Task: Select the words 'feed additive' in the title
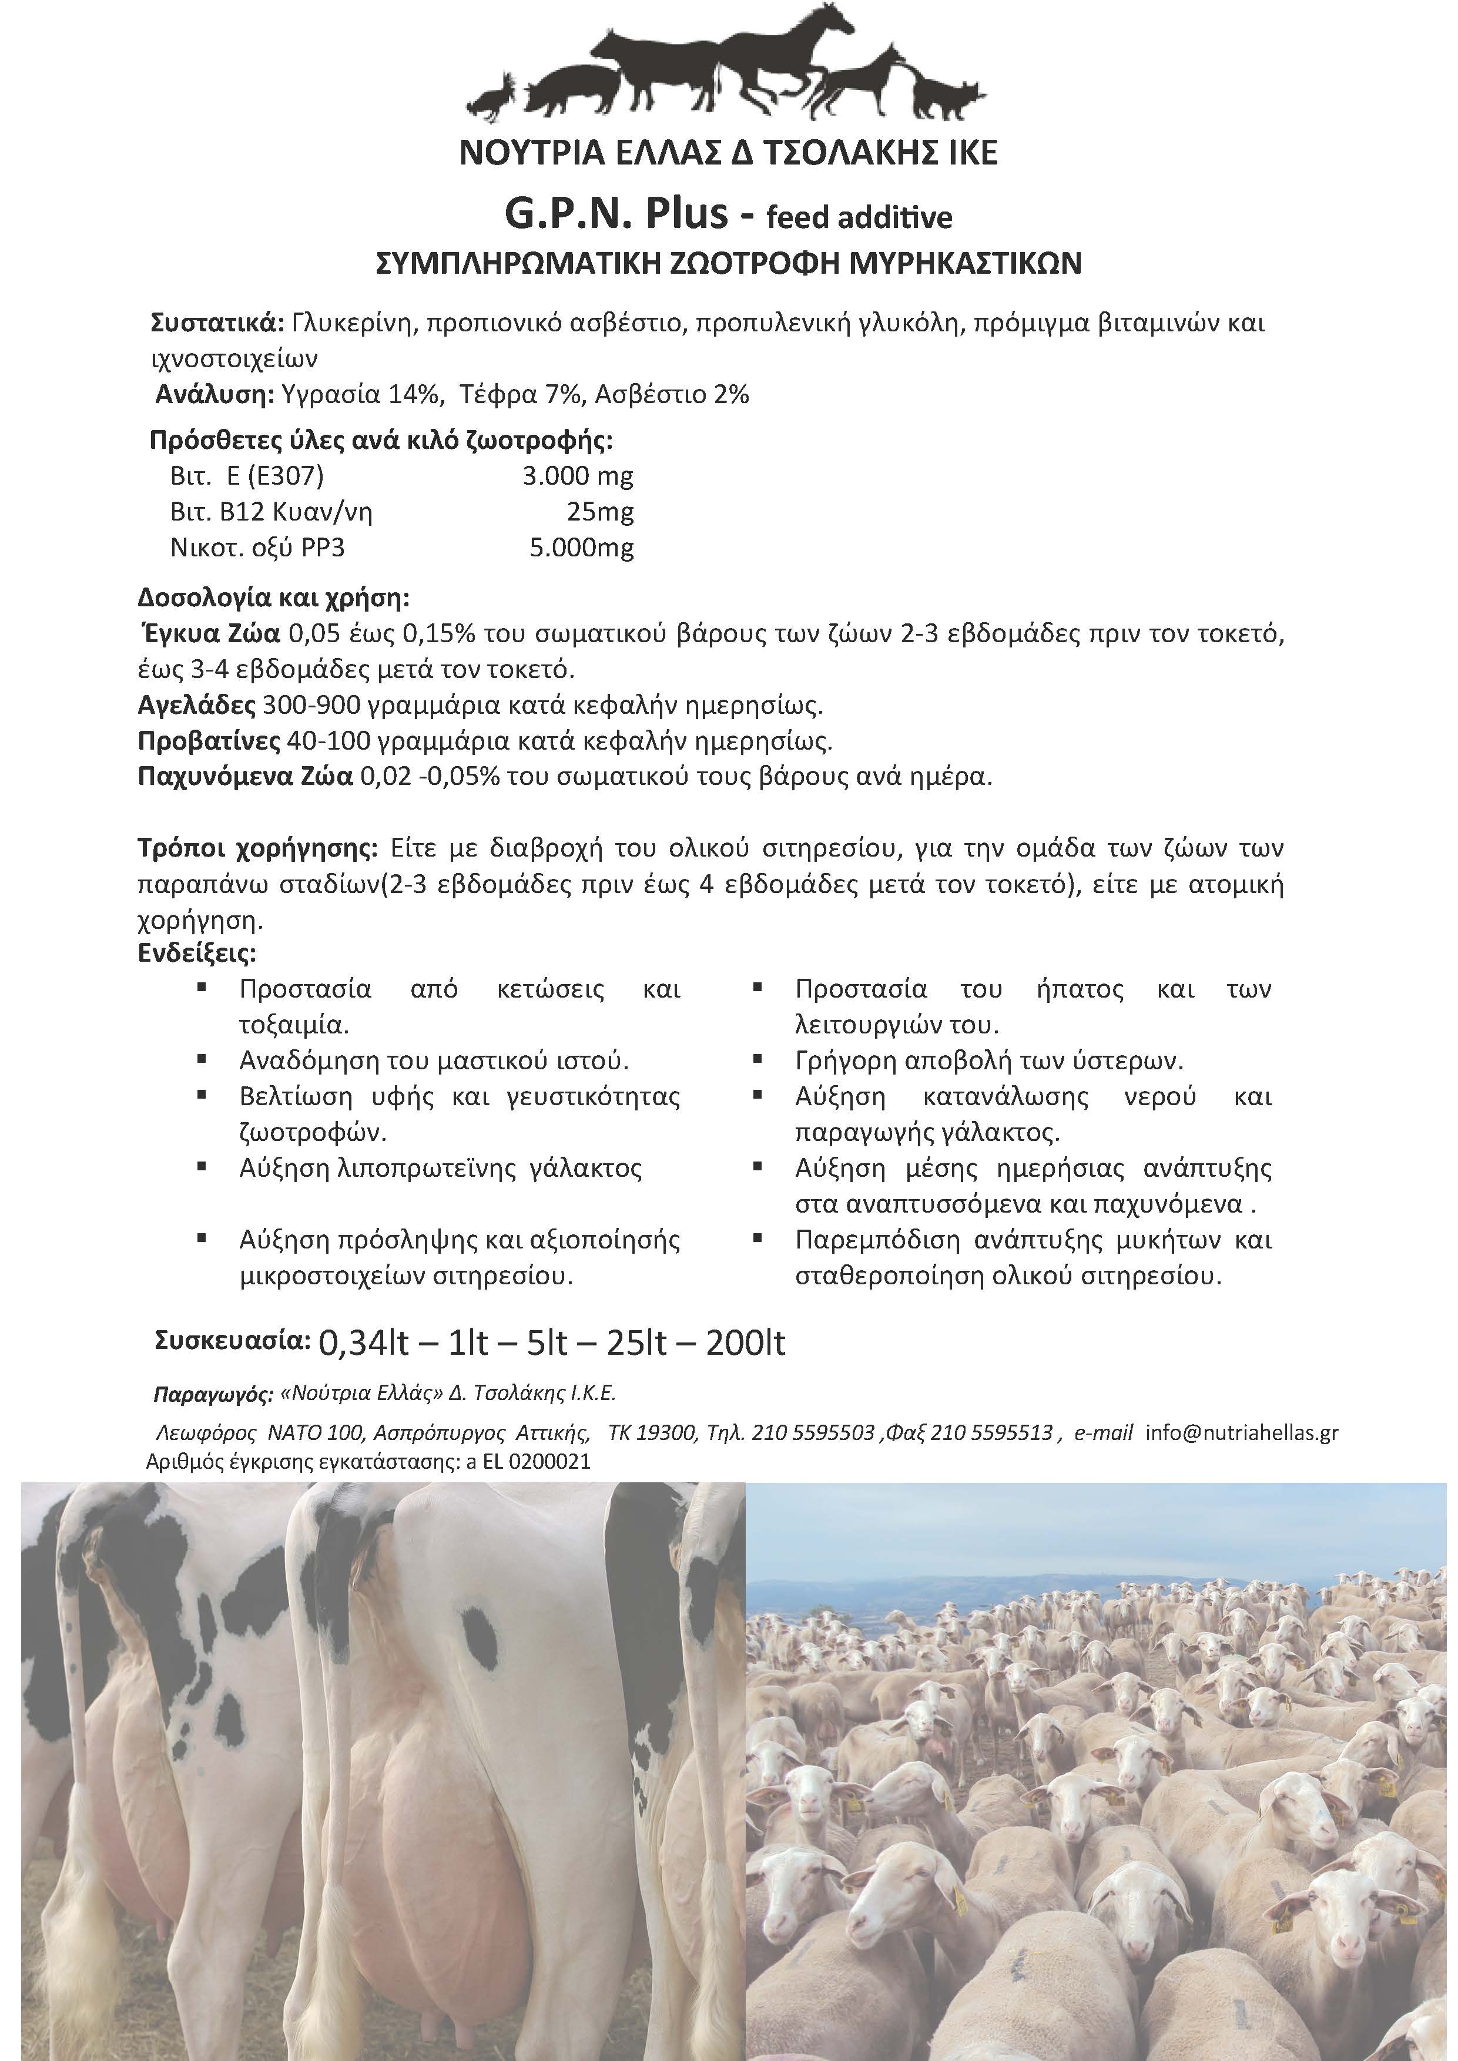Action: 859,217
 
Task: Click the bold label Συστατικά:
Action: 218,323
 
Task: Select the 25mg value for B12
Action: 600,512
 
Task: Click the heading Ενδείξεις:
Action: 197,952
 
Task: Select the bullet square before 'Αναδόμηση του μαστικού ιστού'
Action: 203,1059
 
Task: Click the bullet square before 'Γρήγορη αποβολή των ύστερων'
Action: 758,1059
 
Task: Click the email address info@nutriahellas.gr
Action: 1242,1432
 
